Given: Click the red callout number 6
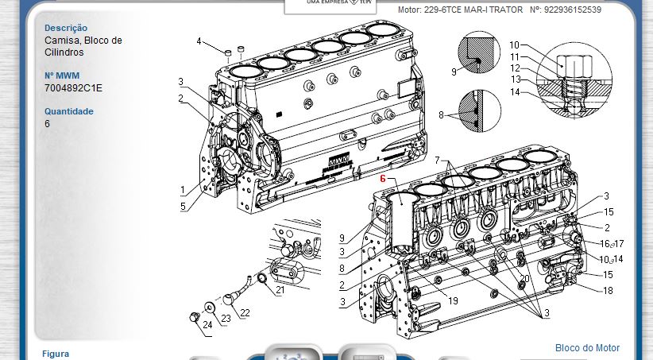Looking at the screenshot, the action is [383, 179].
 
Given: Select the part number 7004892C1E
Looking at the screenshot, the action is [73, 88].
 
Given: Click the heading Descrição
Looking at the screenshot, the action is [66, 28].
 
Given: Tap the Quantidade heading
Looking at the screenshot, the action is [68, 111].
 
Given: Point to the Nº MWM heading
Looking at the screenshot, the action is [62, 75].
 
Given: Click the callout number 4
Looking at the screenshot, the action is [199, 41].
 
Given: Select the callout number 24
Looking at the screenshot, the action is [207, 324].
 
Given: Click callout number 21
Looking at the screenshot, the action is [280, 289].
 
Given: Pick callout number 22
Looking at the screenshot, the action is [245, 313].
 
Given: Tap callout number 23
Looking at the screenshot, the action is [226, 319].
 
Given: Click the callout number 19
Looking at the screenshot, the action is [453, 301].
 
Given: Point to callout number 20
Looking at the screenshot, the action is [525, 279].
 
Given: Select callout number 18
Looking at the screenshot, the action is [608, 290].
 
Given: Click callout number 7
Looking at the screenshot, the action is [437, 160].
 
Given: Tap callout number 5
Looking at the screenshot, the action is [183, 207].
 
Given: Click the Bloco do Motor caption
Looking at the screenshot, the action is [587, 347].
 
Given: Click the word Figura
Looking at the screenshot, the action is [56, 354].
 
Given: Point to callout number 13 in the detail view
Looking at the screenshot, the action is [516, 79].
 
